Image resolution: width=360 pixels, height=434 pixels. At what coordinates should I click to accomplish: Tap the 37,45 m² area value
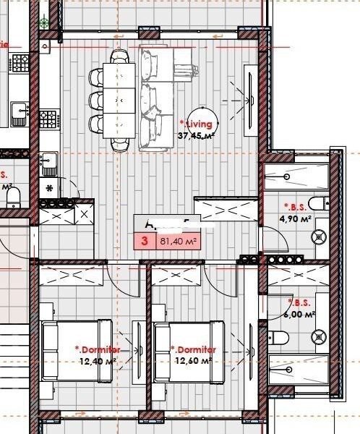pyautogui.click(x=197, y=135)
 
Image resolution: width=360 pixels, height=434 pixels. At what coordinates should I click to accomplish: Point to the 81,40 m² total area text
pyautogui.click(x=179, y=242)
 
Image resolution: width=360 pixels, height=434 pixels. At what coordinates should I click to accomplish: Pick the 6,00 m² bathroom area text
pyautogui.click(x=300, y=314)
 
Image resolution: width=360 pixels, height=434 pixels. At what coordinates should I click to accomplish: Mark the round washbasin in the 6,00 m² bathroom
pyautogui.click(x=318, y=334)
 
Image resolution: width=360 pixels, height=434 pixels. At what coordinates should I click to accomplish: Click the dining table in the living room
pyautogui.click(x=120, y=101)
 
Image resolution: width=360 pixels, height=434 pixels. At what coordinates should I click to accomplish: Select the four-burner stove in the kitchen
pyautogui.click(x=49, y=118)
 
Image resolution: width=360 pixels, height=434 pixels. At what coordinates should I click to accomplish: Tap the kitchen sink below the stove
pyautogui.click(x=49, y=163)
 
